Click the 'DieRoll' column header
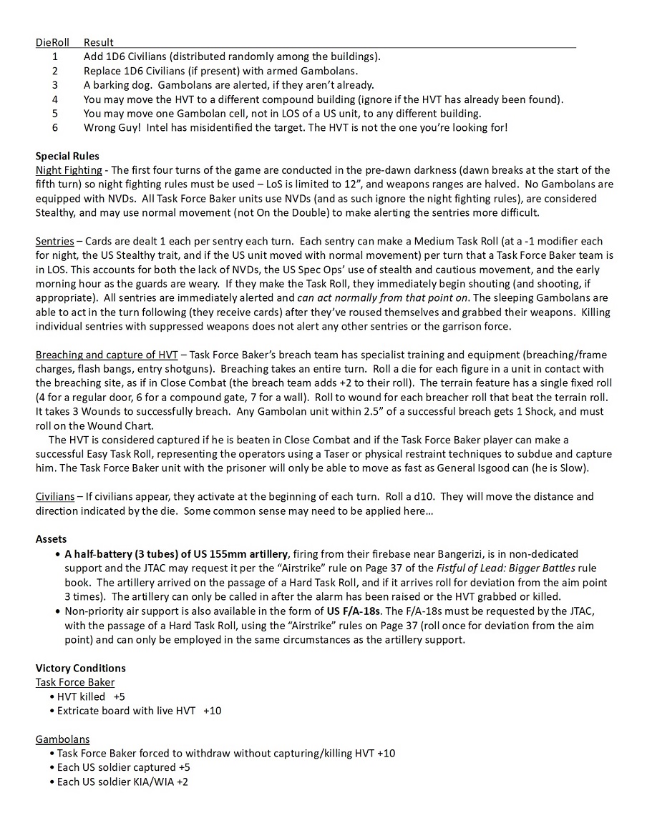[x=52, y=42]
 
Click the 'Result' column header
[x=98, y=42]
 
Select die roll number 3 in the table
[x=55, y=85]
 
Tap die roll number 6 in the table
[x=55, y=127]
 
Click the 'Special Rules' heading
[x=67, y=156]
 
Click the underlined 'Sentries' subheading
[x=55, y=241]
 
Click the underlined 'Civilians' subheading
[x=55, y=496]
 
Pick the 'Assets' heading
[x=52, y=539]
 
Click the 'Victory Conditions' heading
[x=80, y=668]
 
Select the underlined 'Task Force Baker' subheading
[x=75, y=682]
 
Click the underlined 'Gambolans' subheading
[x=62, y=739]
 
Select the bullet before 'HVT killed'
[x=52, y=696]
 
